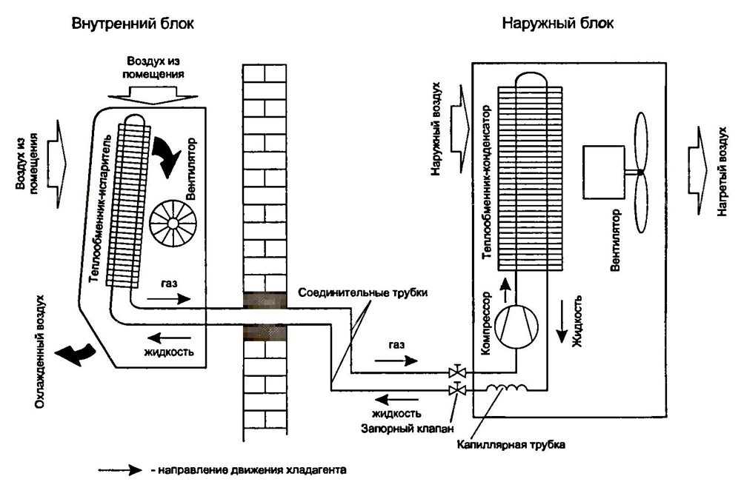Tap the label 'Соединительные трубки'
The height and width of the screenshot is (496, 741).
pyautogui.click(x=363, y=292)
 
